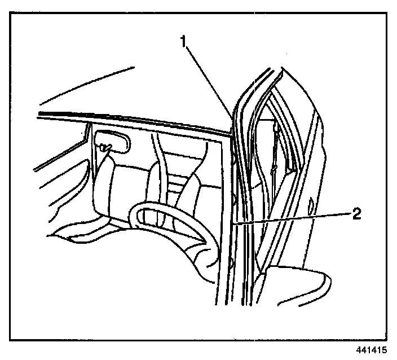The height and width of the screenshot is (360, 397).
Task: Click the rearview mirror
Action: (x=113, y=142)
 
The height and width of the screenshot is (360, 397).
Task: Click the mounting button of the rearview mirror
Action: (x=104, y=147)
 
